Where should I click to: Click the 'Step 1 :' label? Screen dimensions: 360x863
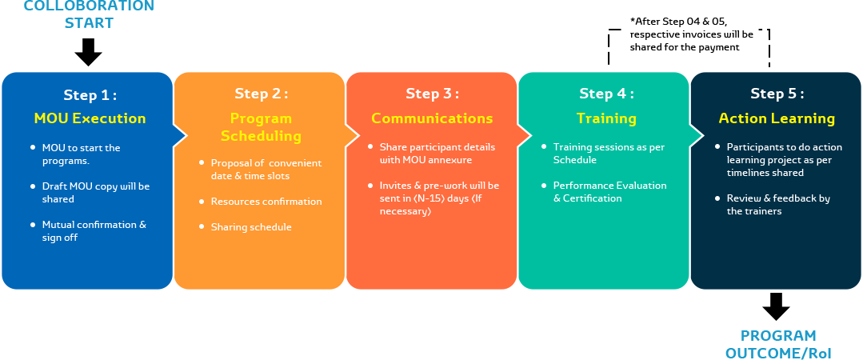[x=90, y=95]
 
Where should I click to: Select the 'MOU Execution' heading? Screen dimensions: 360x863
[x=90, y=118]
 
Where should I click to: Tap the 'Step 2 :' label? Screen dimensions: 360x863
[x=261, y=94]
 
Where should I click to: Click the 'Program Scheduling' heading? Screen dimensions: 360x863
[x=261, y=127]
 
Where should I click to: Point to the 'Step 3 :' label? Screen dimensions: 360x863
[x=432, y=94]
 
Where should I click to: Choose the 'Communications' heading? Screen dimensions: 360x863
[x=432, y=118]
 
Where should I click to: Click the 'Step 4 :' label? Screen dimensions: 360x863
[x=606, y=94]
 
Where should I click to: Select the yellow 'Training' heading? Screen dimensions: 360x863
[x=606, y=118]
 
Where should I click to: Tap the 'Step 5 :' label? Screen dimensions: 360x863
[x=777, y=94]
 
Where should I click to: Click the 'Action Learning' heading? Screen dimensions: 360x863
[x=777, y=118]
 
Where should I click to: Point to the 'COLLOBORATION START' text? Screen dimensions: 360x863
[x=88, y=14]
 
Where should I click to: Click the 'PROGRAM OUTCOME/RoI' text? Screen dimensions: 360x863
[x=777, y=344]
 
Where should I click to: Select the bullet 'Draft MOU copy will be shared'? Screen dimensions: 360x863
[x=95, y=193]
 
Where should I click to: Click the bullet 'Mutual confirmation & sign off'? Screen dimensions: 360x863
[x=94, y=231]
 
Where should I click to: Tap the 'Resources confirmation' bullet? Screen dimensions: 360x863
[x=266, y=202]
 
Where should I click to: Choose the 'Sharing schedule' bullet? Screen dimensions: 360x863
[x=251, y=227]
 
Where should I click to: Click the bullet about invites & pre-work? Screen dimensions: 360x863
[x=439, y=198]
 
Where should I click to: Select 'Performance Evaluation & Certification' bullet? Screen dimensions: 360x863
[x=609, y=191]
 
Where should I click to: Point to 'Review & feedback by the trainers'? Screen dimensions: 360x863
[x=778, y=205]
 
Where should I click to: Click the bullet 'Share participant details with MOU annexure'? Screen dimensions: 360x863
[x=437, y=154]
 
